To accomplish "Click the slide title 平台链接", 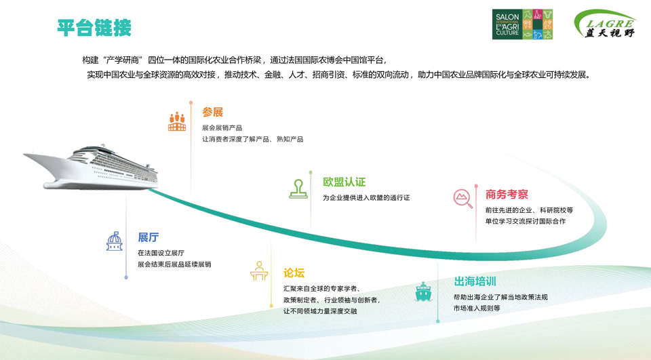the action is [94, 28].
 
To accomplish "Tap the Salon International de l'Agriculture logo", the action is [522, 24].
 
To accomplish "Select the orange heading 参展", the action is [212, 112].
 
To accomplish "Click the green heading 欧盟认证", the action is [344, 182].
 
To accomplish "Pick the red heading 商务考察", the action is [507, 195].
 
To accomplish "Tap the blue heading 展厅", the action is [149, 237].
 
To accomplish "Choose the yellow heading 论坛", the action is [294, 273].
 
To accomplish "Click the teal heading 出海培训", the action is [475, 281].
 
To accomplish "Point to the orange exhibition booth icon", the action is [177, 121].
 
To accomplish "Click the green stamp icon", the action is [298, 189].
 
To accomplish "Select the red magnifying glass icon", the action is [462, 199].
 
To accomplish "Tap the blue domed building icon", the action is [115, 241].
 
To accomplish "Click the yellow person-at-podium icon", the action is [259, 271].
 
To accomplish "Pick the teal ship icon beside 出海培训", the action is [423, 292].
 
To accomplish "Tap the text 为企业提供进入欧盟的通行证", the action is [366, 198].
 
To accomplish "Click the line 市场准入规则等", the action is [477, 308].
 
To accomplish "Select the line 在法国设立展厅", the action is [161, 253].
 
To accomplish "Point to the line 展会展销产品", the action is [222, 128].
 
